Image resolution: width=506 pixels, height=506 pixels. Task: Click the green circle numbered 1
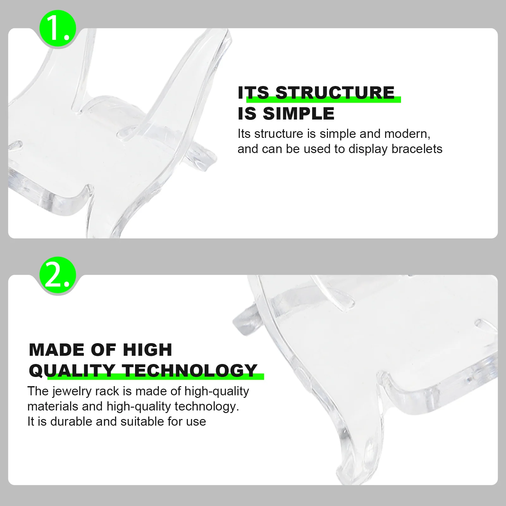point(58,28)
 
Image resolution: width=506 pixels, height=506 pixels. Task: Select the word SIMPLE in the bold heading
point(299,114)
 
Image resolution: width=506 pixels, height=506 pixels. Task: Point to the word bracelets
point(417,149)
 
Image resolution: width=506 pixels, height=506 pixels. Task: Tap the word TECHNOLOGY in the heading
point(190,370)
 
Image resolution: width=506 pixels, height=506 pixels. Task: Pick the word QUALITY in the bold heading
point(72,371)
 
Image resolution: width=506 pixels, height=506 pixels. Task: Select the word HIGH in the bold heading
point(147,350)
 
